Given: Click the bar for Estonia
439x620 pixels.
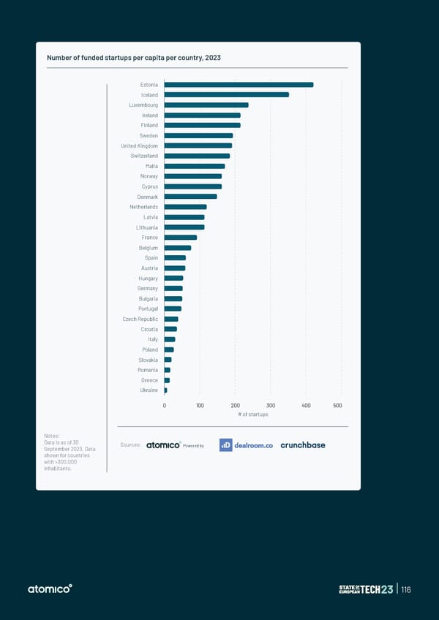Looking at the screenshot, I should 239,85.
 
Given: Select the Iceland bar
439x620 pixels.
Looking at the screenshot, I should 226,95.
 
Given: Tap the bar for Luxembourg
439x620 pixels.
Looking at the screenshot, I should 206,105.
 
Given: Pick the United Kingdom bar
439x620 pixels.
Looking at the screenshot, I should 198,145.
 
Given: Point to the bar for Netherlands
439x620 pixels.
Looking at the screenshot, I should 185,207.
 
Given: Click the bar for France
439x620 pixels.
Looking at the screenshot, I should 181,238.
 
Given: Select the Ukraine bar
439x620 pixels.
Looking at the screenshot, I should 166,390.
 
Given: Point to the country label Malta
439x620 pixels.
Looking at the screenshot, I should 151,166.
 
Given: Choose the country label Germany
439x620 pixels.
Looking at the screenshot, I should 147,288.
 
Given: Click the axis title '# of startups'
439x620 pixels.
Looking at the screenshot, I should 253,415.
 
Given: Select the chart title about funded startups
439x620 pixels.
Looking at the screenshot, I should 133,58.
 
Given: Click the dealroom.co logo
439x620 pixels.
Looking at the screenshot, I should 246,445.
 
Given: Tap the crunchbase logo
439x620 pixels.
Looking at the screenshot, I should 303,445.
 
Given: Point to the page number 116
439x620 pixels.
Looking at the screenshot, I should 406,590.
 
